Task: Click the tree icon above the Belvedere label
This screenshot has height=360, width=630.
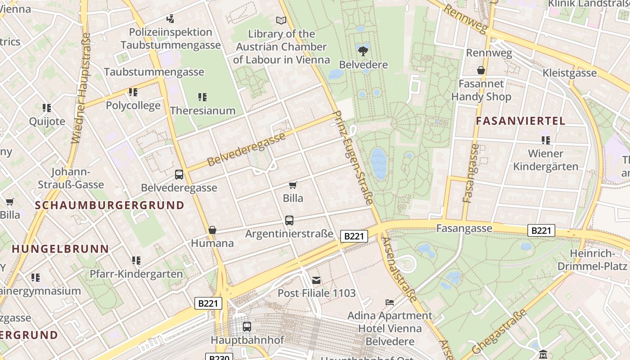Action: point(363,51)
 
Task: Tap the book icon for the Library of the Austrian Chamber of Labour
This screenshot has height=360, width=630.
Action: point(281,20)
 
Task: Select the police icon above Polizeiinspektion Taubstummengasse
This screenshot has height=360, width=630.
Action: point(170,19)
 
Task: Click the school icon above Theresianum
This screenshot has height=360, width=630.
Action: point(202,97)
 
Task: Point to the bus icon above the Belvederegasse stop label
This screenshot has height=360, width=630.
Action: point(179,175)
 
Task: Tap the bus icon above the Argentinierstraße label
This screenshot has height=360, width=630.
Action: point(289,220)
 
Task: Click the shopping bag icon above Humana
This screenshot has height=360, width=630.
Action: point(212,230)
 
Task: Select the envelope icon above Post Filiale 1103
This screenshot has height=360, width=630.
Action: point(316,280)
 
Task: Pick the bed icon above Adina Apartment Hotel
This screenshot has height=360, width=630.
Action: point(390,302)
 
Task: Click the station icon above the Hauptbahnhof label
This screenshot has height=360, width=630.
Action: point(247,327)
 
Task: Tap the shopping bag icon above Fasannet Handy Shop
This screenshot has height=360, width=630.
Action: point(481,70)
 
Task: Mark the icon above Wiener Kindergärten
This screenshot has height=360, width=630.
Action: point(546,140)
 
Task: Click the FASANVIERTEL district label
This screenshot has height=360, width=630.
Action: point(520,121)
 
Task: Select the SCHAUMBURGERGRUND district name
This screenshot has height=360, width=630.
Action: point(110,205)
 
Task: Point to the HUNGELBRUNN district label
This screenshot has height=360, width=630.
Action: point(60,248)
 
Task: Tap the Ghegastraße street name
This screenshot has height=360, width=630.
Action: point(499,332)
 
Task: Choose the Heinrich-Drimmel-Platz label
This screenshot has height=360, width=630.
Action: point(592,260)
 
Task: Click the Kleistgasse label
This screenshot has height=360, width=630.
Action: point(570,73)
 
